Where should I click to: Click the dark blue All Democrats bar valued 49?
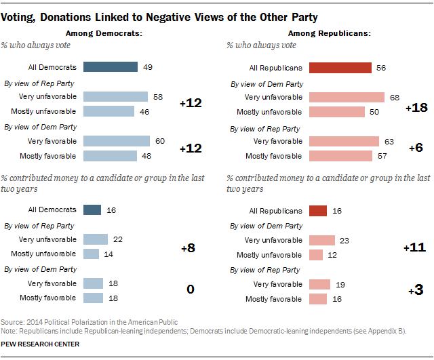111,67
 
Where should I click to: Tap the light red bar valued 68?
346,97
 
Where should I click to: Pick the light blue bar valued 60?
117,141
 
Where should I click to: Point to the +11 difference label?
414,247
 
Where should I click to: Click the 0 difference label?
191,289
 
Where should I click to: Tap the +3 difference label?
415,290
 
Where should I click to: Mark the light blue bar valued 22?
96,239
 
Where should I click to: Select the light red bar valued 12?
315,255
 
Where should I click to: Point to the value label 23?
344,240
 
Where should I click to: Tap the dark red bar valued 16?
318,210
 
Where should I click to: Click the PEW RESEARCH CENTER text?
40,344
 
